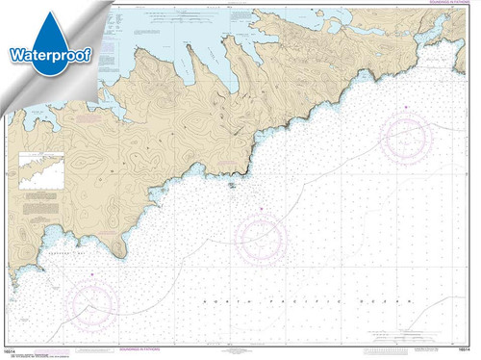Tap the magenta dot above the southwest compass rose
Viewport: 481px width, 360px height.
pos(90,276)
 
